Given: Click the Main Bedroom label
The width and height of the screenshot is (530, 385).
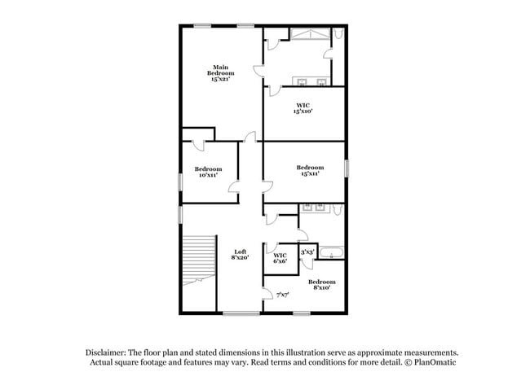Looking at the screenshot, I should click(x=219, y=73).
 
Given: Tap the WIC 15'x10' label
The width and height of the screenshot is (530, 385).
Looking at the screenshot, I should click(x=303, y=107).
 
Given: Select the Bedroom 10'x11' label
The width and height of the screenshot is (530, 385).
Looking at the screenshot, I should click(x=208, y=172).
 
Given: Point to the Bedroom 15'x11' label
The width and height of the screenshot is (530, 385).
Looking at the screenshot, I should click(x=310, y=171).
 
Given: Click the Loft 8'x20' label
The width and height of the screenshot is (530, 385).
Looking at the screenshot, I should click(x=240, y=255).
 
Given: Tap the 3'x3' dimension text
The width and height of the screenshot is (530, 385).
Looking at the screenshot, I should click(x=307, y=253).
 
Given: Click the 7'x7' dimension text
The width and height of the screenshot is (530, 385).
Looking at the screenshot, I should click(x=283, y=295).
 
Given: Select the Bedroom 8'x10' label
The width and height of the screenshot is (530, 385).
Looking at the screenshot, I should click(x=321, y=285).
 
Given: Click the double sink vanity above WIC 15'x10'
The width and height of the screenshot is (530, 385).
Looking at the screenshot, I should click(x=311, y=81).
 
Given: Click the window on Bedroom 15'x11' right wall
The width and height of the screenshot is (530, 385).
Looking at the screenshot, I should click(x=347, y=168).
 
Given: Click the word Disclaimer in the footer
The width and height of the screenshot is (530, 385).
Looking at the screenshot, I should click(x=105, y=352).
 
